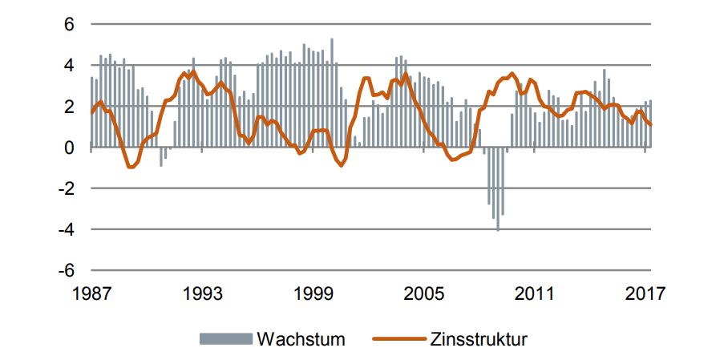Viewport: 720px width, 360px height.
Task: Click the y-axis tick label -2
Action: point(67,188)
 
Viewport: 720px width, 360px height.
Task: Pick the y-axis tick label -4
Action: point(67,229)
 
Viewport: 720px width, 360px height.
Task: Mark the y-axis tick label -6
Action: point(67,270)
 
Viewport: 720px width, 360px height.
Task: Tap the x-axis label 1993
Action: point(201,293)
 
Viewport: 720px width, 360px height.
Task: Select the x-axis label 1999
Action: point(313,293)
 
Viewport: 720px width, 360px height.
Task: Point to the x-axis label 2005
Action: point(423,293)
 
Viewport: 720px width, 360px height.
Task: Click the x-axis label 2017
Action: point(645,293)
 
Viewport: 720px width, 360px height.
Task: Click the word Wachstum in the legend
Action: point(301,338)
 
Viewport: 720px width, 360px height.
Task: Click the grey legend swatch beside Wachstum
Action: point(224,338)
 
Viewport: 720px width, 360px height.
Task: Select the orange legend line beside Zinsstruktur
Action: point(398,338)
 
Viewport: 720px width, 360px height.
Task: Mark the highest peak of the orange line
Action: point(192,71)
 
